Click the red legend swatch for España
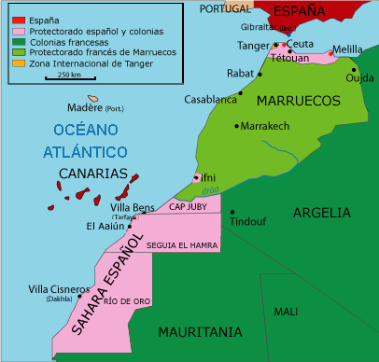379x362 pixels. click(18, 20)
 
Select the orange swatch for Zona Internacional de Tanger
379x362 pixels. click(18, 63)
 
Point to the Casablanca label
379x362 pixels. click(209, 99)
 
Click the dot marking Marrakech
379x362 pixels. click(238, 125)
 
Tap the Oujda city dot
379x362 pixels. click(354, 69)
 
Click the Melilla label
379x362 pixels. click(346, 49)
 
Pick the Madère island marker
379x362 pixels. click(93, 98)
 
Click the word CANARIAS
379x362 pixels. click(92, 174)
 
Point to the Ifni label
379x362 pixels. click(207, 175)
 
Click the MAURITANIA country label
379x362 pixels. click(200, 332)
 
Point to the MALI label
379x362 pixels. click(285, 312)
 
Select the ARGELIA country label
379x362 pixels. click(321, 213)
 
